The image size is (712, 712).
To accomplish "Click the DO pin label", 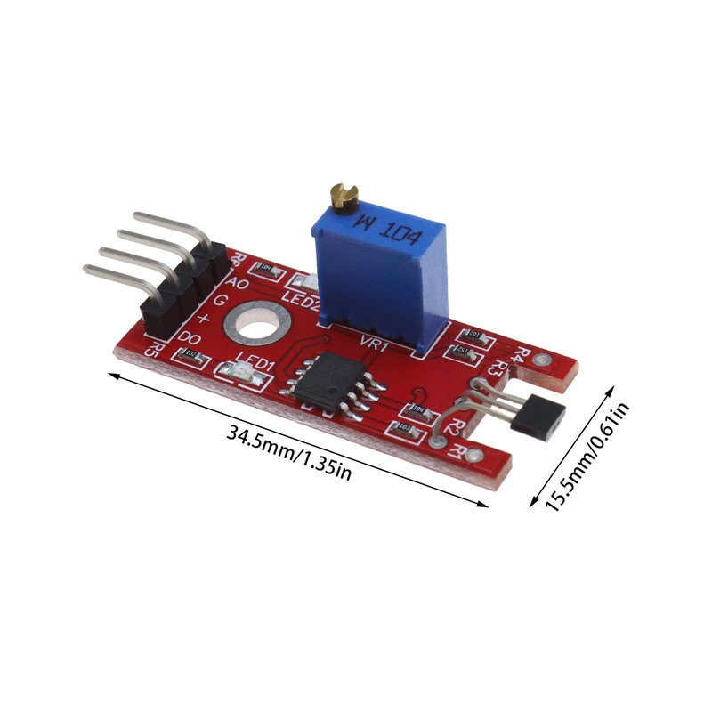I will tap(189, 338).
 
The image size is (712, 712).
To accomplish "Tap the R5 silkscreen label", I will tap(154, 348).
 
